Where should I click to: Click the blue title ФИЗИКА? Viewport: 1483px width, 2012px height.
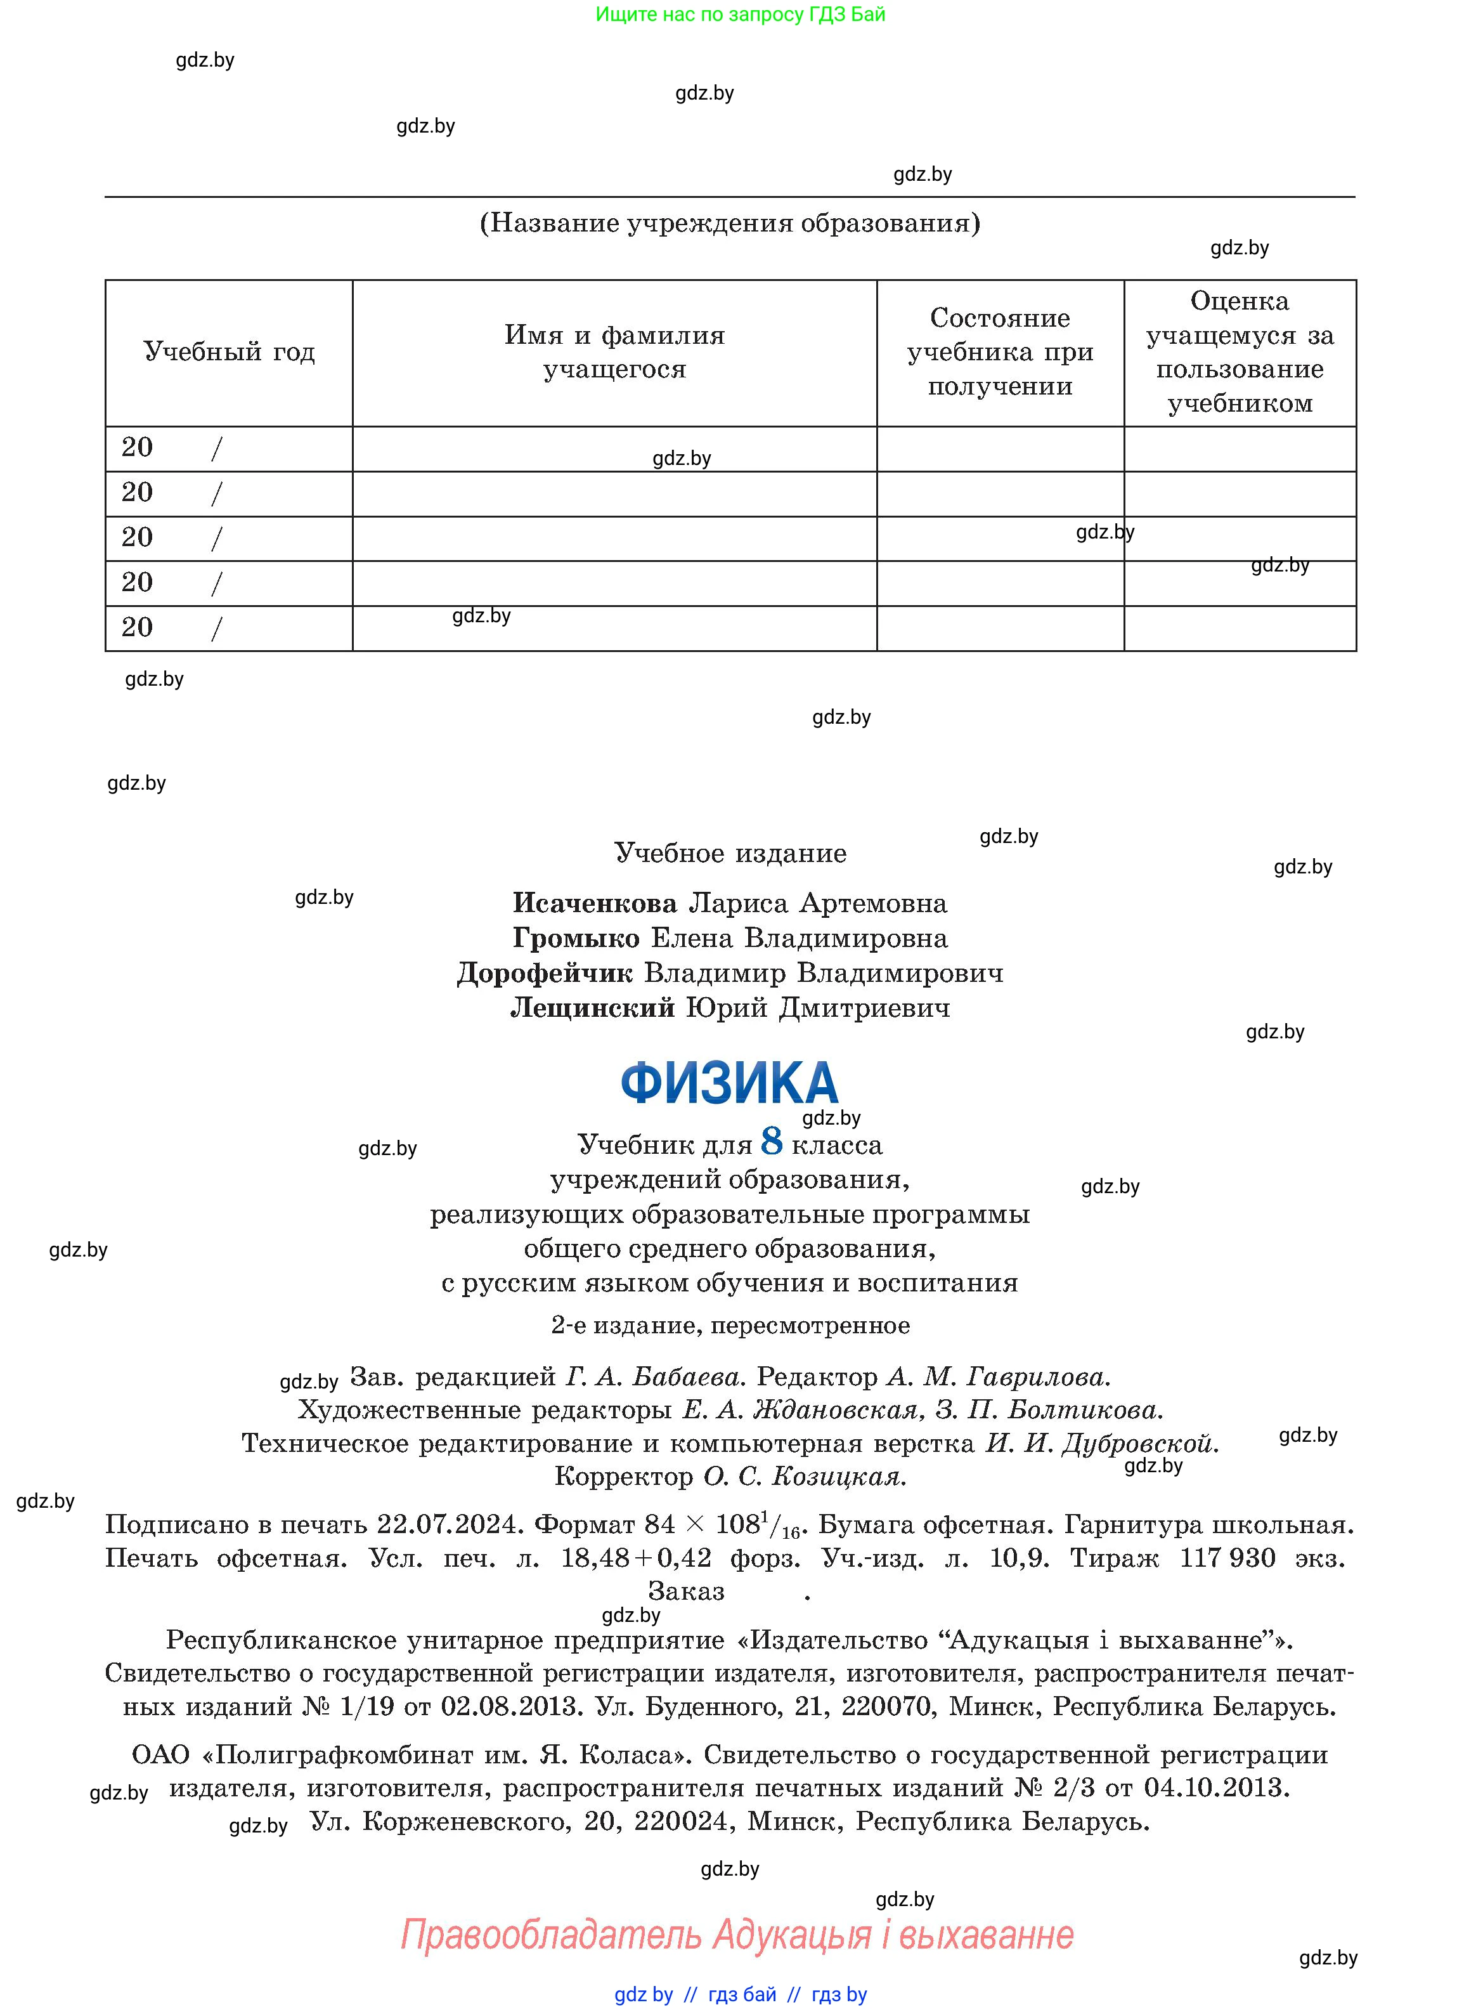coord(729,1083)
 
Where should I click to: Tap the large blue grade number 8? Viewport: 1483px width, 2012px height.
coord(771,1141)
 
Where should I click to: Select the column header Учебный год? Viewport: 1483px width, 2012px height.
coord(229,352)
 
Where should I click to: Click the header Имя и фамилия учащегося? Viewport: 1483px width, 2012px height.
coord(614,352)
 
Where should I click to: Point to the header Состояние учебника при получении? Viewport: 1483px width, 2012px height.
coord(1000,352)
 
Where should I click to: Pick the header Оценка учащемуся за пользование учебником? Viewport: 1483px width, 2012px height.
coord(1240,352)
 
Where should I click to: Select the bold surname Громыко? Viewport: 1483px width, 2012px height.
coord(576,938)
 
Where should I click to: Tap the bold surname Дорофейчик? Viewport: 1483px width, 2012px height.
coord(545,973)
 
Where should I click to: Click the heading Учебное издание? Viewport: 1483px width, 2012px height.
coord(730,853)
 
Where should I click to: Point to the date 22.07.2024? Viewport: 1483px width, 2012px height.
coord(449,1524)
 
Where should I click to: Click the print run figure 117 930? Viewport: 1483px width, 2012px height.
coord(1227,1558)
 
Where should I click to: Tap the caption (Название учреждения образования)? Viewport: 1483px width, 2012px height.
coord(730,223)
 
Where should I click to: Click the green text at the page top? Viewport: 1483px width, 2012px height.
coord(741,15)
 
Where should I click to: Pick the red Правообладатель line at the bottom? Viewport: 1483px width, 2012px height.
coord(736,1934)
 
